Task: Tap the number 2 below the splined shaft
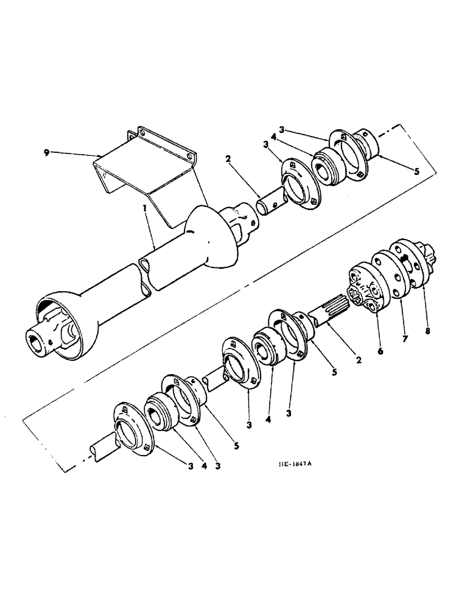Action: [x=359, y=360]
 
